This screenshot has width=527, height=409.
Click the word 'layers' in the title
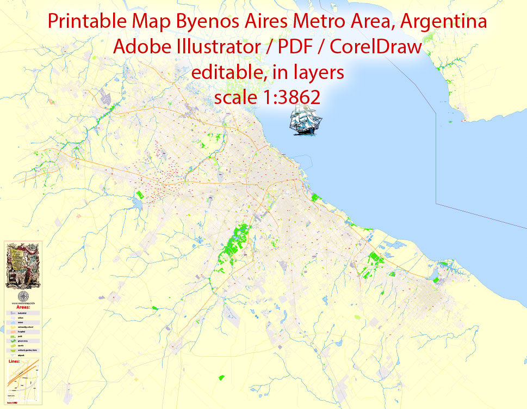click(x=318, y=72)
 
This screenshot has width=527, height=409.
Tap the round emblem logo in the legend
click(x=22, y=296)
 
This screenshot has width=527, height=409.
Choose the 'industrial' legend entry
click(x=22, y=313)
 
